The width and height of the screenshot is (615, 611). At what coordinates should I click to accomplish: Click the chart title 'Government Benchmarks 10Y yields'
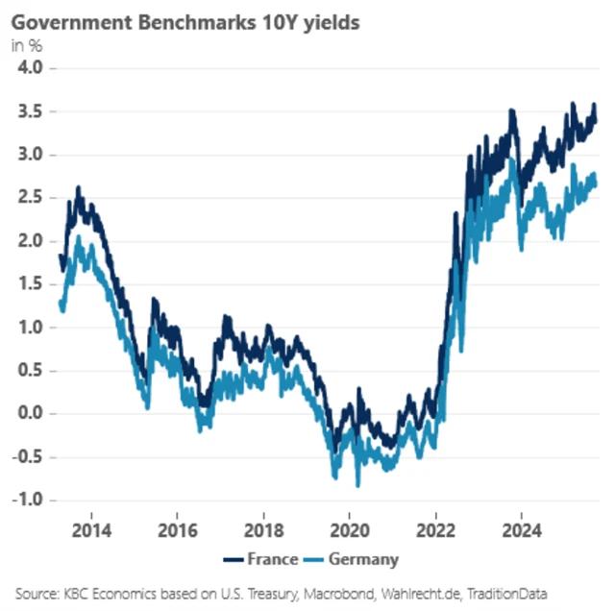click(x=185, y=22)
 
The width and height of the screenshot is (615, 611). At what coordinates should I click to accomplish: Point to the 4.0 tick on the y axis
click(x=32, y=68)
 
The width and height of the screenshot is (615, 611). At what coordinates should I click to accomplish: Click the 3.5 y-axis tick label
click(x=32, y=111)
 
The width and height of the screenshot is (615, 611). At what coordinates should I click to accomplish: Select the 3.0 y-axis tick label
click(x=32, y=155)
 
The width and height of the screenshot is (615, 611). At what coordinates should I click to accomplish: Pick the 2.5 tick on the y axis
click(x=32, y=198)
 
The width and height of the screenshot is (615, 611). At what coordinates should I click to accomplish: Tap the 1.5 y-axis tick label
click(x=32, y=284)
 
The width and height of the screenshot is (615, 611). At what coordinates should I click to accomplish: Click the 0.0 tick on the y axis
click(x=32, y=414)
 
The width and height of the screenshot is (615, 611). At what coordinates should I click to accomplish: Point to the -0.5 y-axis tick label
click(x=29, y=457)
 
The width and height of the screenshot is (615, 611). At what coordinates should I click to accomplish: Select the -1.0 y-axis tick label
click(x=29, y=501)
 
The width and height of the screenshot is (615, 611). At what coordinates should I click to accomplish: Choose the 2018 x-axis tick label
click(x=263, y=530)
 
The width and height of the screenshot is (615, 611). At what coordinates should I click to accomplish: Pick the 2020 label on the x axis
click(x=350, y=530)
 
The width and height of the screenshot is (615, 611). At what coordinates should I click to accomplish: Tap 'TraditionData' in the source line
click(x=512, y=594)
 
